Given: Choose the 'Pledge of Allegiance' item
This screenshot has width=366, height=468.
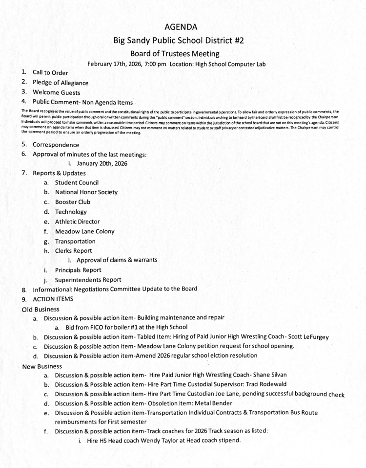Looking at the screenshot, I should [61, 83].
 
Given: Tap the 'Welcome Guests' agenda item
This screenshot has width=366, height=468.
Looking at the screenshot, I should [56, 92].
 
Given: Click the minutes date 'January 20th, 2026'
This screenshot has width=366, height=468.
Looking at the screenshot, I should [101, 163].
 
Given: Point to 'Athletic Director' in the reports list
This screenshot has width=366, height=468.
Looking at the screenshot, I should [80, 222].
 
